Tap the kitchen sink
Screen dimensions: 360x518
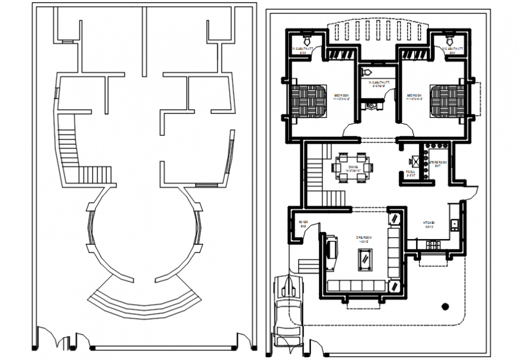click(454, 224)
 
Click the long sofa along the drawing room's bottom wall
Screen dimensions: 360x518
click(355, 288)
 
